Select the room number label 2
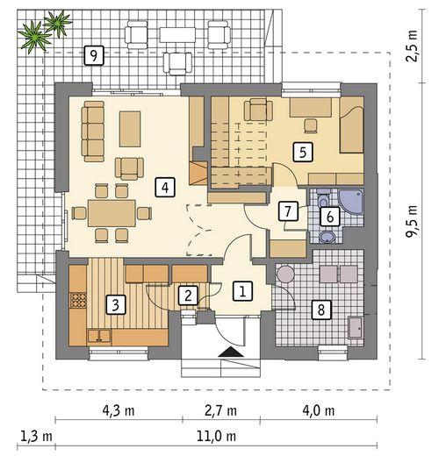click(x=187, y=296)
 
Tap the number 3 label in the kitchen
click(x=113, y=304)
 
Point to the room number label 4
click(x=162, y=186)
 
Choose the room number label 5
click(x=302, y=151)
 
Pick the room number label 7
click(x=285, y=210)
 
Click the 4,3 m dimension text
click(x=118, y=410)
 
